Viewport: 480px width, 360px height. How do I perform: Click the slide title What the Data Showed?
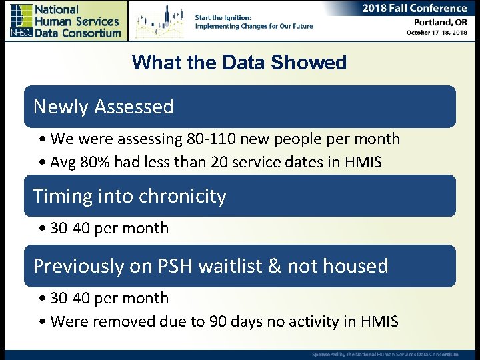[x=239, y=63]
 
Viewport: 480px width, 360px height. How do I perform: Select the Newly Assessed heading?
[x=103, y=107]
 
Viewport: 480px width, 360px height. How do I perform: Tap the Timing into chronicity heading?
[x=129, y=196]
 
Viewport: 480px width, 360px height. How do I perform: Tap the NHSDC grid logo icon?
[x=21, y=21]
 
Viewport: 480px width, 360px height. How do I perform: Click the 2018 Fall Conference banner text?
[x=414, y=9]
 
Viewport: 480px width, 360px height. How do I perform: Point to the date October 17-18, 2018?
[x=436, y=33]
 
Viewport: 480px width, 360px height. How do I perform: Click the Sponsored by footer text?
[x=385, y=354]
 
